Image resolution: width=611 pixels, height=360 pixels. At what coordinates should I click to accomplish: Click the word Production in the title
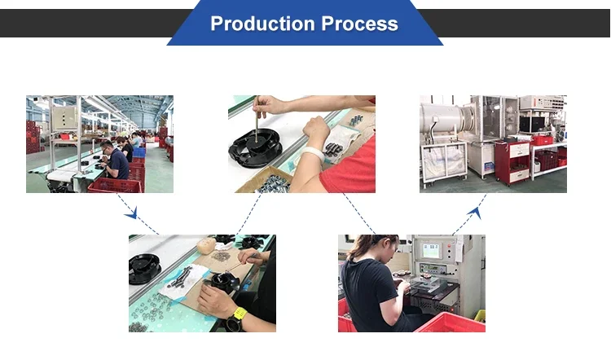coord(263,24)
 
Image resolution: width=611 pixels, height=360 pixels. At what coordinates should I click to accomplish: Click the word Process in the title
coord(359,24)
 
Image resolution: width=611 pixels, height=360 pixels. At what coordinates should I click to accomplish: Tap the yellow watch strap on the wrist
coord(240,314)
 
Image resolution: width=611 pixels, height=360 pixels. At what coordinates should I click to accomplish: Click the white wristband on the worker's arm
coord(313,154)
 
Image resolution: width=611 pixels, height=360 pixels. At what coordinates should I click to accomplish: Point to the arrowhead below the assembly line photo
coord(132,213)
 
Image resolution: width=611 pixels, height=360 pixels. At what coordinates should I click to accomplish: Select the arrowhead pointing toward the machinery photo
coord(476,213)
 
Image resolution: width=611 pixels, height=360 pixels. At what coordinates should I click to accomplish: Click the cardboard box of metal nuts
coord(265,180)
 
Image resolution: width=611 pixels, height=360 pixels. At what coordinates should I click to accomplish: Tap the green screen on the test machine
coord(431,250)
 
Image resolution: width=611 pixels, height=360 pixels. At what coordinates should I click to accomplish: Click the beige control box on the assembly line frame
coord(64,118)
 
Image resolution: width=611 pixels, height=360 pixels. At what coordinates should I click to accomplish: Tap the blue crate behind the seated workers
coord(139,152)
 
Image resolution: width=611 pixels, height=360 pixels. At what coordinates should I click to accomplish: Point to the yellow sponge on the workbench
coord(206,246)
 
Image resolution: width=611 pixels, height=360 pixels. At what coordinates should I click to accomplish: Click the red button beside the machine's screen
coord(449,246)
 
